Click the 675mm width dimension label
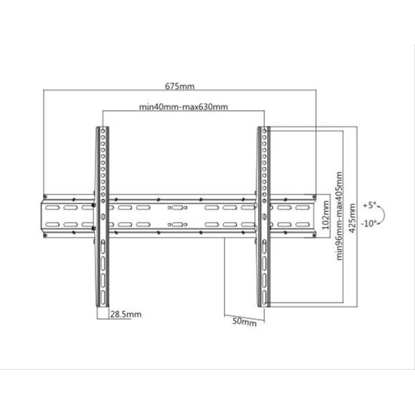click(180, 86)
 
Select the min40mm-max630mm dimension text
click(183, 106)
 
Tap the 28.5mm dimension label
click(126, 314)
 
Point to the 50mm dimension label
click(244, 322)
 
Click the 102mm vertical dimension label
click(325, 215)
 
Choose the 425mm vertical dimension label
click(352, 218)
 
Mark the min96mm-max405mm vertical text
click(339, 216)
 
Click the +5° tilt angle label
click(370, 205)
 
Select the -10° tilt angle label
click(369, 223)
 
